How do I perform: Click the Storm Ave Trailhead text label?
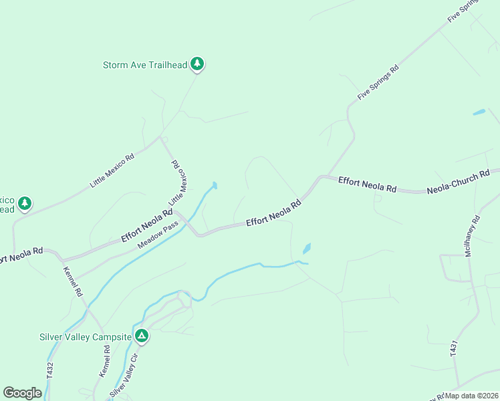[x=144, y=65]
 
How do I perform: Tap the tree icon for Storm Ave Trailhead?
[x=197, y=63]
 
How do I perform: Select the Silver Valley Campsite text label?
[x=86, y=336]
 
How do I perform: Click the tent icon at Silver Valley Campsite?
[x=141, y=336]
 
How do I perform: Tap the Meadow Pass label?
[x=158, y=236]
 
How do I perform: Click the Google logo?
[x=22, y=393]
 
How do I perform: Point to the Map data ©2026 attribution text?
[x=472, y=396]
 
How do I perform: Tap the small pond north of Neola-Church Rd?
[x=479, y=112]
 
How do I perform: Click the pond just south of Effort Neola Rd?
[x=307, y=249]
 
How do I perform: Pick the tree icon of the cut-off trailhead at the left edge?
[x=25, y=203]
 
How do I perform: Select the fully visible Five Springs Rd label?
[x=378, y=83]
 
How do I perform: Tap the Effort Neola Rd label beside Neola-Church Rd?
[x=367, y=184]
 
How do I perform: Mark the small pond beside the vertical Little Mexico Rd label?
[x=214, y=185]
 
